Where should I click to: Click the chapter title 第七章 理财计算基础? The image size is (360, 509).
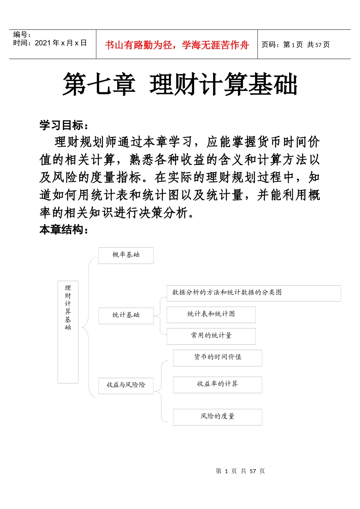click(x=180, y=84)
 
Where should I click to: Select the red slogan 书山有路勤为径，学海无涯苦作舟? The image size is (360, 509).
click(x=177, y=45)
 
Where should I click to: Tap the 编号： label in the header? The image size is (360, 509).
click(x=22, y=35)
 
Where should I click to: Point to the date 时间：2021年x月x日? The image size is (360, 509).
click(x=50, y=43)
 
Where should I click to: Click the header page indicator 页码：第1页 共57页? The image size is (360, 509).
click(x=296, y=45)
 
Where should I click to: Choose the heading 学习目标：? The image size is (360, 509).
click(x=64, y=125)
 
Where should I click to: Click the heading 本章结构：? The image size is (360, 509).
click(x=64, y=229)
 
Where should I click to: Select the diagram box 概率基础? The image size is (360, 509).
click(x=126, y=255)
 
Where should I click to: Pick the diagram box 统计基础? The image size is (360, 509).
click(x=126, y=315)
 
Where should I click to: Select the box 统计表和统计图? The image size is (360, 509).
click(x=211, y=314)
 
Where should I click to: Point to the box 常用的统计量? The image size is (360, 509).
click(x=211, y=336)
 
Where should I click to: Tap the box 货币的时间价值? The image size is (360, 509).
click(x=218, y=357)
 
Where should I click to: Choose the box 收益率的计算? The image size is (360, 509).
click(x=218, y=384)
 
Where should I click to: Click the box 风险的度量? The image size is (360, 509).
click(x=218, y=416)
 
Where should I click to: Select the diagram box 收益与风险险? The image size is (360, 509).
click(x=126, y=385)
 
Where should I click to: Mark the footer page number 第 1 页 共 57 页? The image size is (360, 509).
click(x=240, y=471)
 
